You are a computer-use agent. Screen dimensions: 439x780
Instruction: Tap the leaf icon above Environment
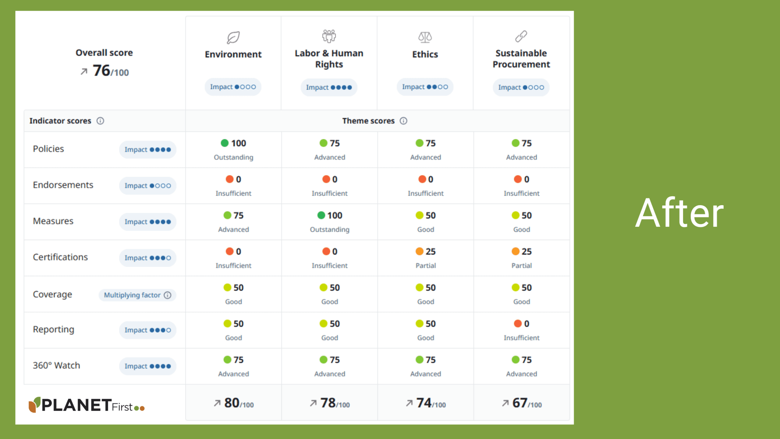pos(233,37)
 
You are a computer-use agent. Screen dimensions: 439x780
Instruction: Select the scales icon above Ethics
pos(425,37)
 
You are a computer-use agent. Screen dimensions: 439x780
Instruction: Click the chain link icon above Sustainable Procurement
pos(521,36)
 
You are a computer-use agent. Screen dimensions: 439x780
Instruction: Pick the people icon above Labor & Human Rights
pos(329,36)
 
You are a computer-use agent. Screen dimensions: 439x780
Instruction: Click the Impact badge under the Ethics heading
pos(425,87)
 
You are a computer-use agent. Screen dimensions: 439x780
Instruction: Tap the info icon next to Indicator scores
pos(100,121)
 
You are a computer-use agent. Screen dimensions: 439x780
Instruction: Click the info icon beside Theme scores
pos(403,121)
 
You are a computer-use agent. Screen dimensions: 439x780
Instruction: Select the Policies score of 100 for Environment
pos(234,143)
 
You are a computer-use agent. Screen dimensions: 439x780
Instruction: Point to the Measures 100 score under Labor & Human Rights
pos(330,216)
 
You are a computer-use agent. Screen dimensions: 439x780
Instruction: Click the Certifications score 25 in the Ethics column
pos(426,252)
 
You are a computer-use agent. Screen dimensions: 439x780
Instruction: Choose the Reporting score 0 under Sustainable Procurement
pos(522,324)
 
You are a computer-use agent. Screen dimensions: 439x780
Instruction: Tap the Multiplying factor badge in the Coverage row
pos(137,295)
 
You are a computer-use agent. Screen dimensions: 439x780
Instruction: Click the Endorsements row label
pos(63,185)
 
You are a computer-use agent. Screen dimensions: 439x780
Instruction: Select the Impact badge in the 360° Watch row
pos(147,366)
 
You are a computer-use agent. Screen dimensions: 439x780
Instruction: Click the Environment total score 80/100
pos(234,403)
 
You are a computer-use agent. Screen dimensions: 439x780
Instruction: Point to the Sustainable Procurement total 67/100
pos(522,403)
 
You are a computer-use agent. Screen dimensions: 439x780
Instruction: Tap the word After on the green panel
pos(679,213)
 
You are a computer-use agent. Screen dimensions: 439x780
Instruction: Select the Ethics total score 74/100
pos(426,403)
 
